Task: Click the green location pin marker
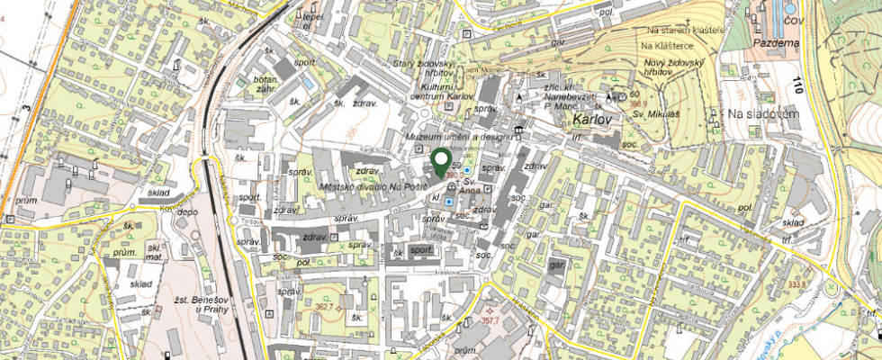point(441,162)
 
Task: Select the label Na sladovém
point(764,114)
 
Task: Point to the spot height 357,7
point(490,319)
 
